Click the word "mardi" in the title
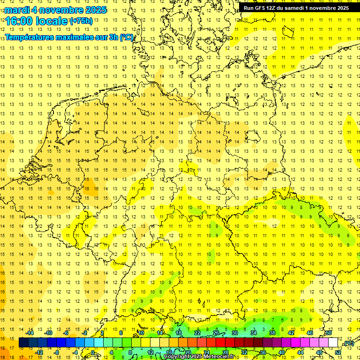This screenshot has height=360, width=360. point(16,10)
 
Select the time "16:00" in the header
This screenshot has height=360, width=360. point(19,22)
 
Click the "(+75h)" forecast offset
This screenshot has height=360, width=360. point(81,21)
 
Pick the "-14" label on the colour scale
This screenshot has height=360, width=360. point(30,333)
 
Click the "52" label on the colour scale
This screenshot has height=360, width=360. point(338,352)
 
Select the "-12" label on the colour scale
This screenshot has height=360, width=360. point(39,352)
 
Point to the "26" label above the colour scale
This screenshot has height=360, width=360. point(216,333)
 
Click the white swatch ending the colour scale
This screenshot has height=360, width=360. point(333,343)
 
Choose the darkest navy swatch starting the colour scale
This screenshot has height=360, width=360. point(23,343)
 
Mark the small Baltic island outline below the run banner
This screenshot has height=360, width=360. point(286,31)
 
